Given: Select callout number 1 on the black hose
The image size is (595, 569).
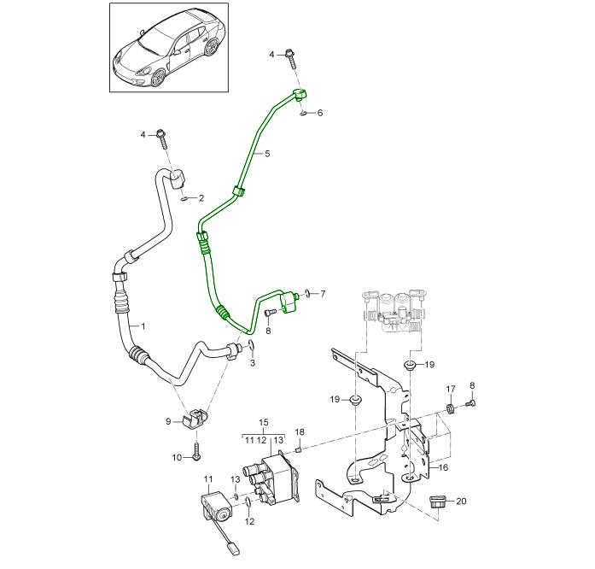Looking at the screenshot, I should tap(143, 326).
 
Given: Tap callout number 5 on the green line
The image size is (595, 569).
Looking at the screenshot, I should tap(266, 154).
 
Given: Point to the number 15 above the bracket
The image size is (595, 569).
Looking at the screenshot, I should tap(264, 423).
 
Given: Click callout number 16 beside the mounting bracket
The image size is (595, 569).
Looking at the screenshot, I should tap(443, 467).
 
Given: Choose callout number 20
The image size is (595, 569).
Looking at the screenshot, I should tap(462, 502).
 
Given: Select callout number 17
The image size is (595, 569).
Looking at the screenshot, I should tap(451, 390).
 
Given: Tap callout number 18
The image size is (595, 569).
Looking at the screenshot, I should tap(300, 431).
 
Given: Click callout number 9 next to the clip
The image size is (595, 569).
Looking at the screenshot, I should tap(168, 420).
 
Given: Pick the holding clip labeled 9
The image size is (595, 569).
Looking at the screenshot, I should tap(197, 416).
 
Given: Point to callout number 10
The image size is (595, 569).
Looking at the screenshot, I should tap(177, 458).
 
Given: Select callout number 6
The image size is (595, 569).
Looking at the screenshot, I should tap(320, 113).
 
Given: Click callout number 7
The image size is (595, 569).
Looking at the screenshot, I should tap(322, 294).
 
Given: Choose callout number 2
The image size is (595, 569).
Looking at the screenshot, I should tap(201, 198).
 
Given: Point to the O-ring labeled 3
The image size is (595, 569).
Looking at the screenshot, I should tap(253, 347).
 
